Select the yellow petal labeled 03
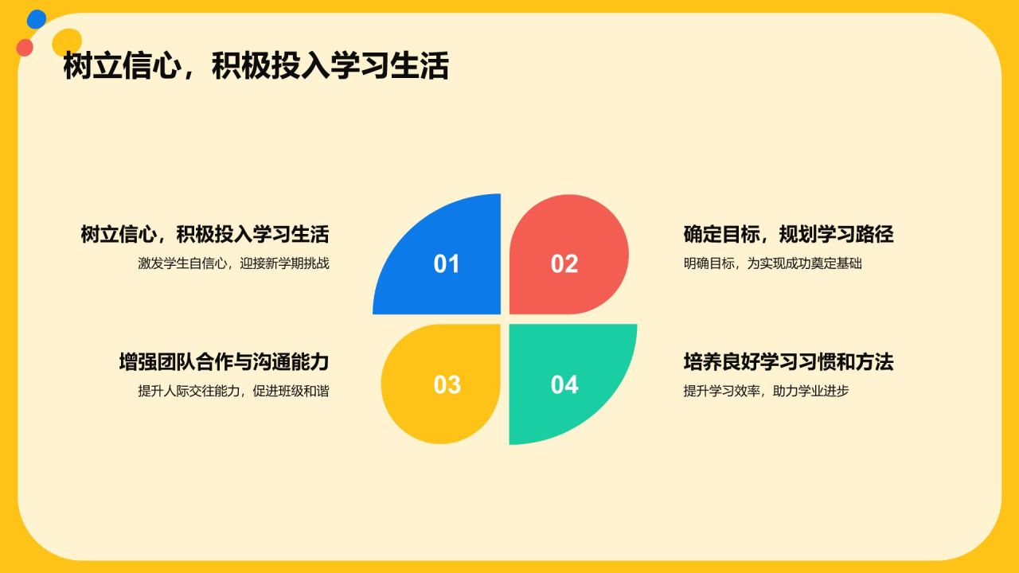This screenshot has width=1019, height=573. coord(443,384)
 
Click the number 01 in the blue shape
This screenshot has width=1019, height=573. coord(447,263)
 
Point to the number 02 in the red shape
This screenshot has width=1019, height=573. coord(564,263)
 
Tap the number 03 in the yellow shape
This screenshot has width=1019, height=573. coord(447,384)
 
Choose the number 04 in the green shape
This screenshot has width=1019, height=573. coord(564,384)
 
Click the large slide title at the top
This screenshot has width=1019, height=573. coord(256,66)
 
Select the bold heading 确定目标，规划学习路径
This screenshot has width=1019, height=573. coord(788,234)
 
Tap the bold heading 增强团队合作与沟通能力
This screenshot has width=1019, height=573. coord(224,362)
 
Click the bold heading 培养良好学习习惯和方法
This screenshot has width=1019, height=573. coord(788,362)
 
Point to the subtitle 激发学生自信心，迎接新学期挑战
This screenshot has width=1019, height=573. coord(233,263)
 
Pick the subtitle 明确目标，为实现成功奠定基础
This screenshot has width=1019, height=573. coord(772,263)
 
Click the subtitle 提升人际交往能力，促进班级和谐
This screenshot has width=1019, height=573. coord(233,391)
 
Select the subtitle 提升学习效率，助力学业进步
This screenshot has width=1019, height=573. coord(766,391)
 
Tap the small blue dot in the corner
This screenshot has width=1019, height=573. coord(37,19)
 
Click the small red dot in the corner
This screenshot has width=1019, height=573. coord(25,47)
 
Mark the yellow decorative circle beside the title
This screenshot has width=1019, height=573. coord(67,43)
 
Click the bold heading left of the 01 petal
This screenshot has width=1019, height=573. coord(205,234)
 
